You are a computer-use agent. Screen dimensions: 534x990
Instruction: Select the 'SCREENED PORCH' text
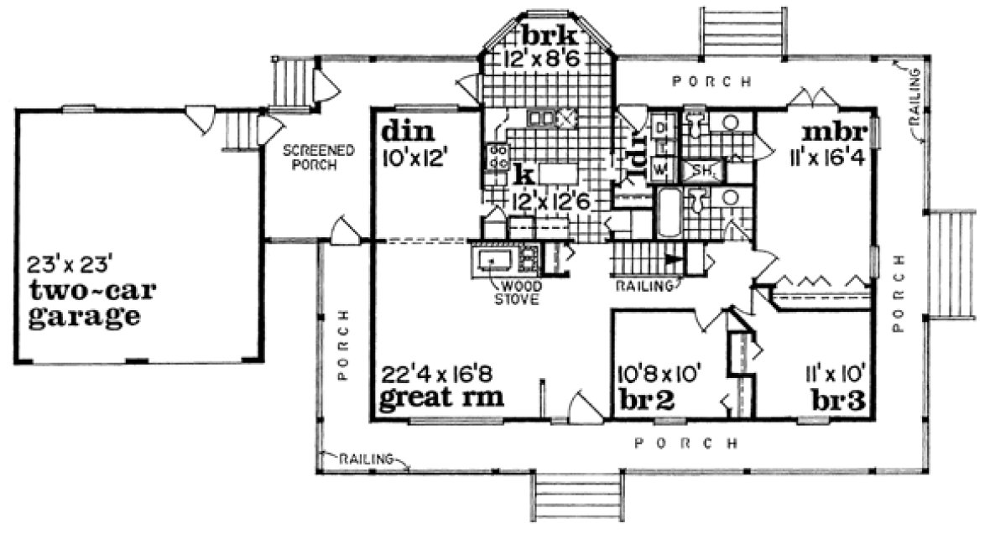point(318,158)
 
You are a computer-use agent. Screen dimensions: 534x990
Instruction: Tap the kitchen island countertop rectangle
point(556,174)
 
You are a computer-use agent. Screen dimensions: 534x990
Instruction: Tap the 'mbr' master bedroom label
point(827,134)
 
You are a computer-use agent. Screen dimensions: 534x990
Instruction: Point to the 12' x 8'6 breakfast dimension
point(546,59)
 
